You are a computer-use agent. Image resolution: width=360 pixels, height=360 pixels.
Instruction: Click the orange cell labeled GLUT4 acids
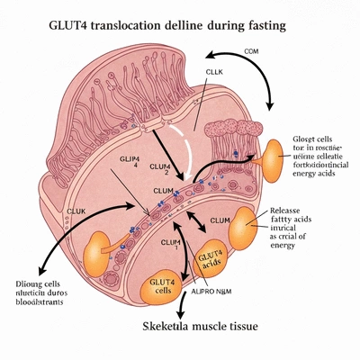pos(211,262)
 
